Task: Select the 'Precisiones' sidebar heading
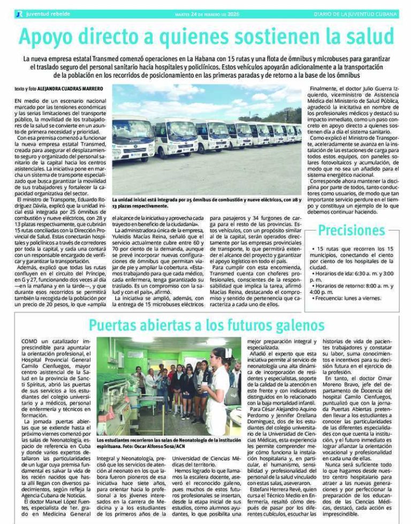(351, 231)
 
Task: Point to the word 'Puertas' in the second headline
(117, 325)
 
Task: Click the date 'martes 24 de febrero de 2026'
(208, 14)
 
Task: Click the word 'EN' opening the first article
(19, 100)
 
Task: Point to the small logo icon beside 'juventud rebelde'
(19, 14)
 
